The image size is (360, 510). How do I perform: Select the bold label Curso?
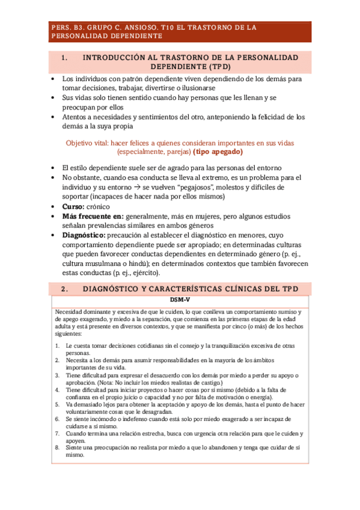point(74,207)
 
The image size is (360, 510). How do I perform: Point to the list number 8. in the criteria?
point(57,447)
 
